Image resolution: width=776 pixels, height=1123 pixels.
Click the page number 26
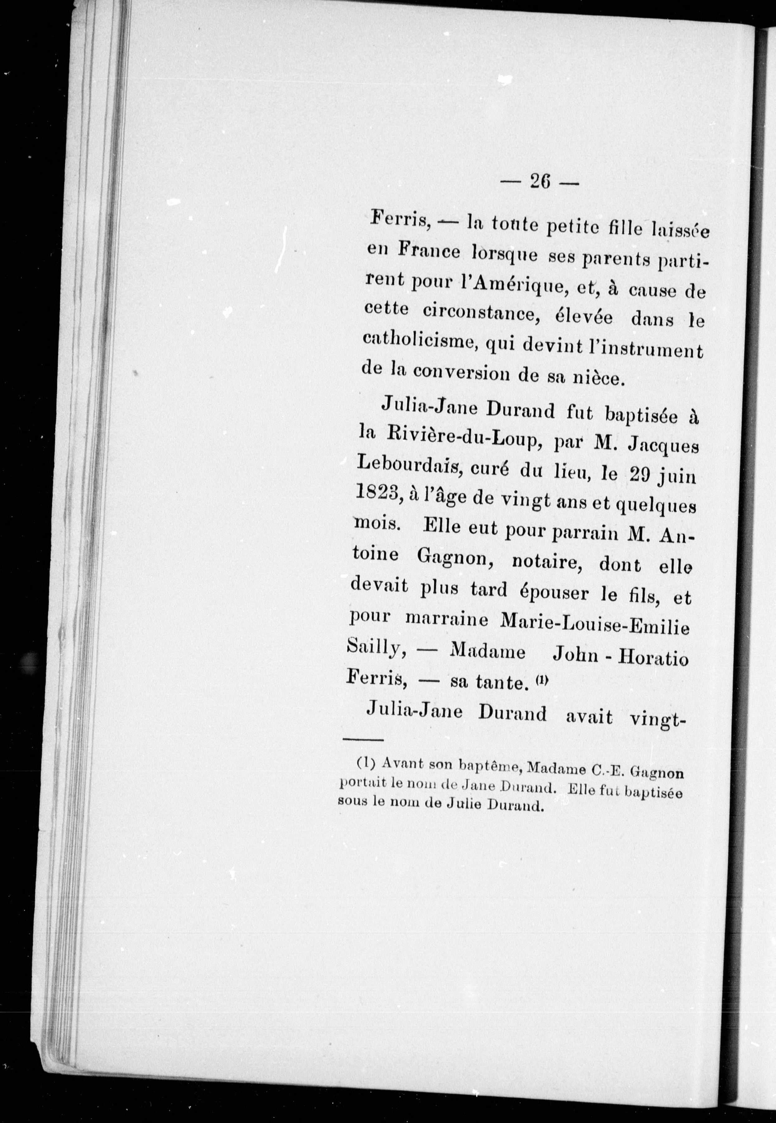(x=539, y=182)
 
